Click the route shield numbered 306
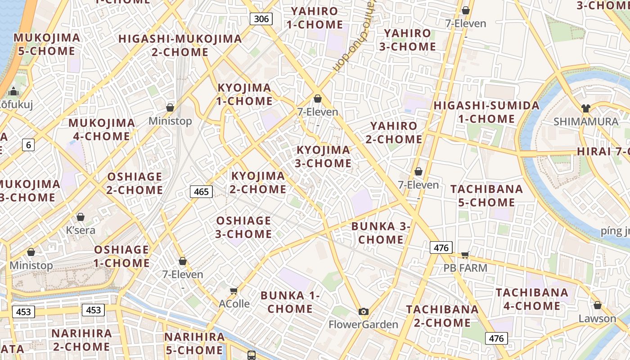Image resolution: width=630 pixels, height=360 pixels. point(261,18)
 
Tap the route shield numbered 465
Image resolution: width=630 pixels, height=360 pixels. point(201,192)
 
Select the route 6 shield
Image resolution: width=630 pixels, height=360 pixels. point(29,145)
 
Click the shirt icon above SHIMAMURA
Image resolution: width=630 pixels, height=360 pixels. point(585,108)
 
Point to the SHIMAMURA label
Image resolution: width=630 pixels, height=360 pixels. point(586,121)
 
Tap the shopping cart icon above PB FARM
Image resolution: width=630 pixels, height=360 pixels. point(465,255)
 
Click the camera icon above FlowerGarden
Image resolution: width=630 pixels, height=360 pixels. point(364,311)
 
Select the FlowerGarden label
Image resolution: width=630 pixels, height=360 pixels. point(364,324)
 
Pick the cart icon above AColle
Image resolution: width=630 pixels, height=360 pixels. point(234,291)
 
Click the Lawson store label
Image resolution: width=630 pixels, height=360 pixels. point(597,319)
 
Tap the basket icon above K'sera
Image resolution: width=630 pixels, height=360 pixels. point(81,217)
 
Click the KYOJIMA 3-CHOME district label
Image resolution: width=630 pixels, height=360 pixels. point(323,157)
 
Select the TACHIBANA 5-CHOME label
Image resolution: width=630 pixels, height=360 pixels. point(487,196)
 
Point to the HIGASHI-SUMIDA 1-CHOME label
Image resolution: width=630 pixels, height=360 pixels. point(486,112)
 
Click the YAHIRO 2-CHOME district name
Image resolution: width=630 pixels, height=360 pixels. point(394,133)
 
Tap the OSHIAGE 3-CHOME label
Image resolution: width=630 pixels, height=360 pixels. point(244,227)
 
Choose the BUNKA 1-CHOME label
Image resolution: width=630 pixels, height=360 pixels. point(290,302)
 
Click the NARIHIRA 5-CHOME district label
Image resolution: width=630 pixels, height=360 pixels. point(194,343)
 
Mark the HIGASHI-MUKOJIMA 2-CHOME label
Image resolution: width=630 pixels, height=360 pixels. point(180,45)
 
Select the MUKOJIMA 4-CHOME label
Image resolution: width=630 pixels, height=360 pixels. point(102,130)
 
